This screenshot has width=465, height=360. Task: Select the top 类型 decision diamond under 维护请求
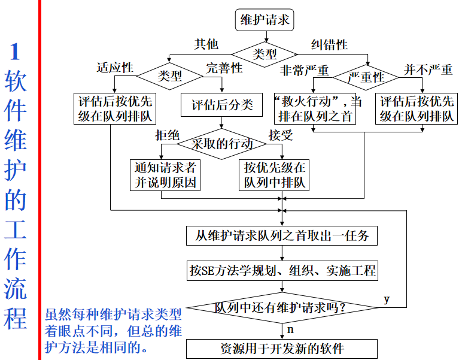click(x=265, y=54)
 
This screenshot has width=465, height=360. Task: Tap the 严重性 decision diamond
click(x=366, y=77)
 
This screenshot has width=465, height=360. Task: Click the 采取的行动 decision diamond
click(x=222, y=144)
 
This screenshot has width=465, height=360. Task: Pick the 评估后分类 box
click(x=222, y=105)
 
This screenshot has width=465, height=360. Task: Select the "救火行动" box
click(x=314, y=108)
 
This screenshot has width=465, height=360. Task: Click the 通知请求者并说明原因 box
click(x=165, y=174)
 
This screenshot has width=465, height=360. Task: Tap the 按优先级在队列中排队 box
click(x=274, y=174)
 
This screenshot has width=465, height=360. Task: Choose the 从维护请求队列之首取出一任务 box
click(x=282, y=235)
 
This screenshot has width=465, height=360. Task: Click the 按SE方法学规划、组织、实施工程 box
click(x=282, y=271)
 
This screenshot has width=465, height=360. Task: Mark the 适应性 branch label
click(x=114, y=68)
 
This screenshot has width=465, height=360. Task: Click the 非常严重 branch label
click(x=305, y=70)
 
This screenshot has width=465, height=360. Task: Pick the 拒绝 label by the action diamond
click(x=167, y=135)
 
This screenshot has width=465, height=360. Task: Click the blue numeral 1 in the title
click(x=16, y=52)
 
